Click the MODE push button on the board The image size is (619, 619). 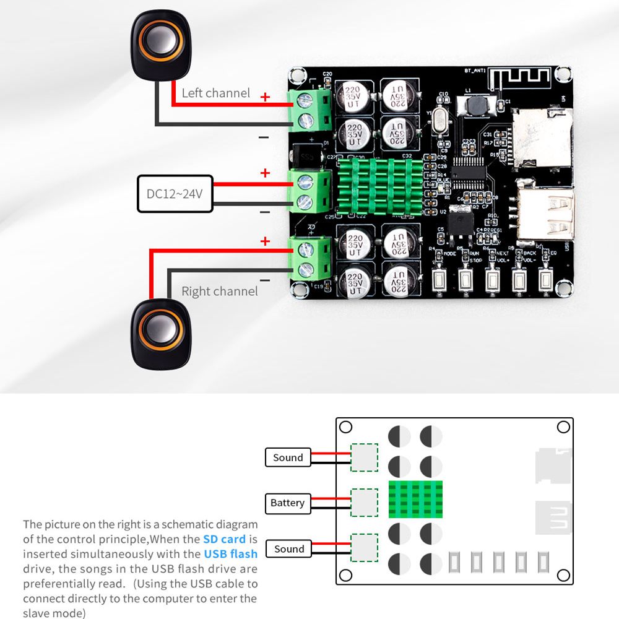click(x=439, y=280)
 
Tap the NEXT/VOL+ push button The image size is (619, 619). click(x=492, y=280)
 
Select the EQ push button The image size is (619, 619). click(x=545, y=280)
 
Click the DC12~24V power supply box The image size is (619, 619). click(x=175, y=194)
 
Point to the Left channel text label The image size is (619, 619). click(x=216, y=93)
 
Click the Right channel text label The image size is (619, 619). click(x=220, y=291)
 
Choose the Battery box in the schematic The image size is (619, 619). click(x=287, y=503)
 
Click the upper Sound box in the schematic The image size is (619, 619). click(x=288, y=457)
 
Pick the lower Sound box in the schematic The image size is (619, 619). click(x=289, y=548)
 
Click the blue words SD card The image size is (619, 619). click(x=224, y=539)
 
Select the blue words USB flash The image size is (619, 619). click(x=230, y=553)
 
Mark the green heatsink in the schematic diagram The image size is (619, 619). click(x=416, y=499)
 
